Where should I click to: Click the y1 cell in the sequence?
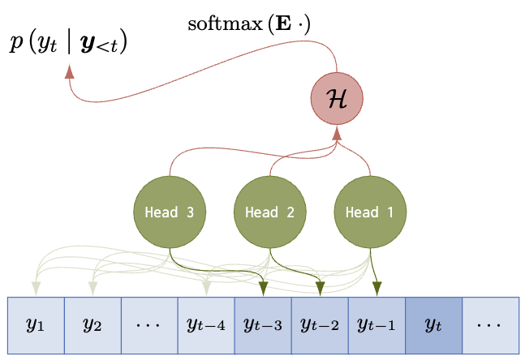pos(35,325)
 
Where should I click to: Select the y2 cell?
pos(92,325)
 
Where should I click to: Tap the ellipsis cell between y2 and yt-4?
pos(148,325)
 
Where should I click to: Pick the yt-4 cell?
pos(205,325)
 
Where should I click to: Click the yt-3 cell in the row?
pos(262,325)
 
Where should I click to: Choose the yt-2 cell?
pos(319,325)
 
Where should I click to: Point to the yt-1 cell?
pos(376,325)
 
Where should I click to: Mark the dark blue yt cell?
pos(432,325)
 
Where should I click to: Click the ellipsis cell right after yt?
pos(489,325)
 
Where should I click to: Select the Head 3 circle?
pos(169,212)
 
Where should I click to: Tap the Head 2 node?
pos(269,212)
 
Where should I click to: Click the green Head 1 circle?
pos(370,212)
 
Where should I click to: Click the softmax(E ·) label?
pos(249,24)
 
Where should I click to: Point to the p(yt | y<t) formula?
pos(68,43)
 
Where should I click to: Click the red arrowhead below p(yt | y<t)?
pos(69,71)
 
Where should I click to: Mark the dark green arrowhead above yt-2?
pos(321,288)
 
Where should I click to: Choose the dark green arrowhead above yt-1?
pos(377,288)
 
